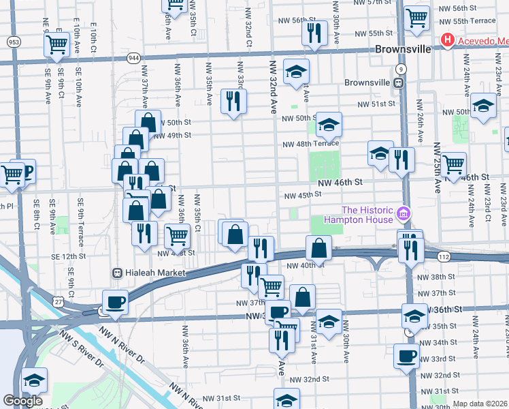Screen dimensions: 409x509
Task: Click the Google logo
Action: pyautogui.click(x=22, y=401)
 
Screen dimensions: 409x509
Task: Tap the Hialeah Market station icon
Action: pyautogui.click(x=118, y=273)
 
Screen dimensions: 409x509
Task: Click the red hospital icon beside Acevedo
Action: pyautogui.click(x=447, y=41)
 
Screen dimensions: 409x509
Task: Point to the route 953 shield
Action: pyautogui.click(x=13, y=42)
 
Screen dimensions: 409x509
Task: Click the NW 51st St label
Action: pyautogui.click(x=377, y=104)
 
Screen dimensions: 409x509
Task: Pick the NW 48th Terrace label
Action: pyautogui.click(x=311, y=143)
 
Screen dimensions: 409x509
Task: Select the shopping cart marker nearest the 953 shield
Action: pyautogui.click(x=56, y=45)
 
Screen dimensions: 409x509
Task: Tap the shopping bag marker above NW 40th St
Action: pyautogui.click(x=318, y=247)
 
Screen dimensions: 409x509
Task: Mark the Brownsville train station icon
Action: pyautogui.click(x=401, y=82)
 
